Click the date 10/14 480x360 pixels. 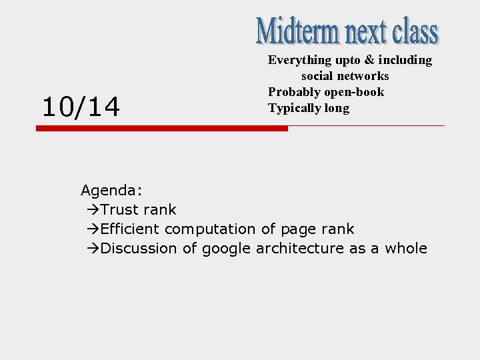[x=81, y=107]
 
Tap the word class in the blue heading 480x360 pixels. [x=415, y=31]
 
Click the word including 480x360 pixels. [x=405, y=60]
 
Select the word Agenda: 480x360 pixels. [x=107, y=191]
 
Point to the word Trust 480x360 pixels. [x=120, y=210]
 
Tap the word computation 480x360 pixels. [x=210, y=229]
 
